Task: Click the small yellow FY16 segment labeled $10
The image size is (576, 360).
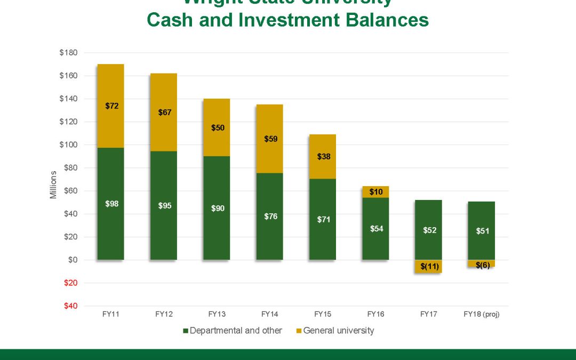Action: click(x=375, y=191)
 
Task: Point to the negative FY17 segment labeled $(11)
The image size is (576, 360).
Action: click(x=428, y=266)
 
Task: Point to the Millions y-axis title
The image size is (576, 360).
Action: click(x=53, y=185)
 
